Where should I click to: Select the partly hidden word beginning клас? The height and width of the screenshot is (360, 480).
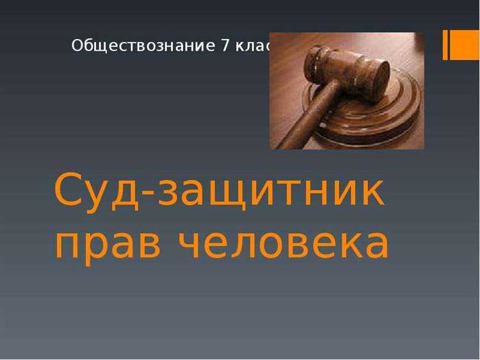point(253,46)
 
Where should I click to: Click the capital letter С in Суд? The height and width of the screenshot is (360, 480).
point(70,190)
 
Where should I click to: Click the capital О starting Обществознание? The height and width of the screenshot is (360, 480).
point(77,46)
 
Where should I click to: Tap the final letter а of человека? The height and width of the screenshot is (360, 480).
point(375,244)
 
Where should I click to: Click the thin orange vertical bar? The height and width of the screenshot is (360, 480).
point(445,45)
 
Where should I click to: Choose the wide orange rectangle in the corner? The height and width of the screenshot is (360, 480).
point(466,45)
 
